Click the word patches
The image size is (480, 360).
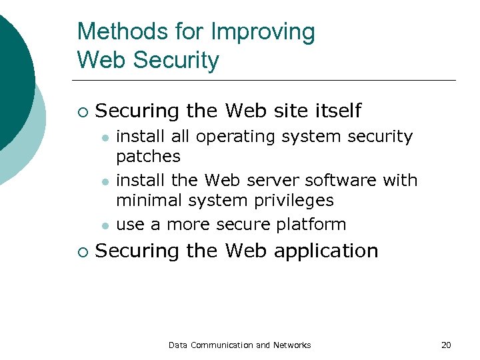pos(148,157)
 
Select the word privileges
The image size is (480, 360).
pos(294,201)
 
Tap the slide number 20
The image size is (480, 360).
pos(446,345)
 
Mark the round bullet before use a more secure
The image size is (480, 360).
pos(105,225)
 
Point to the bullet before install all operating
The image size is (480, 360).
pos(105,137)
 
